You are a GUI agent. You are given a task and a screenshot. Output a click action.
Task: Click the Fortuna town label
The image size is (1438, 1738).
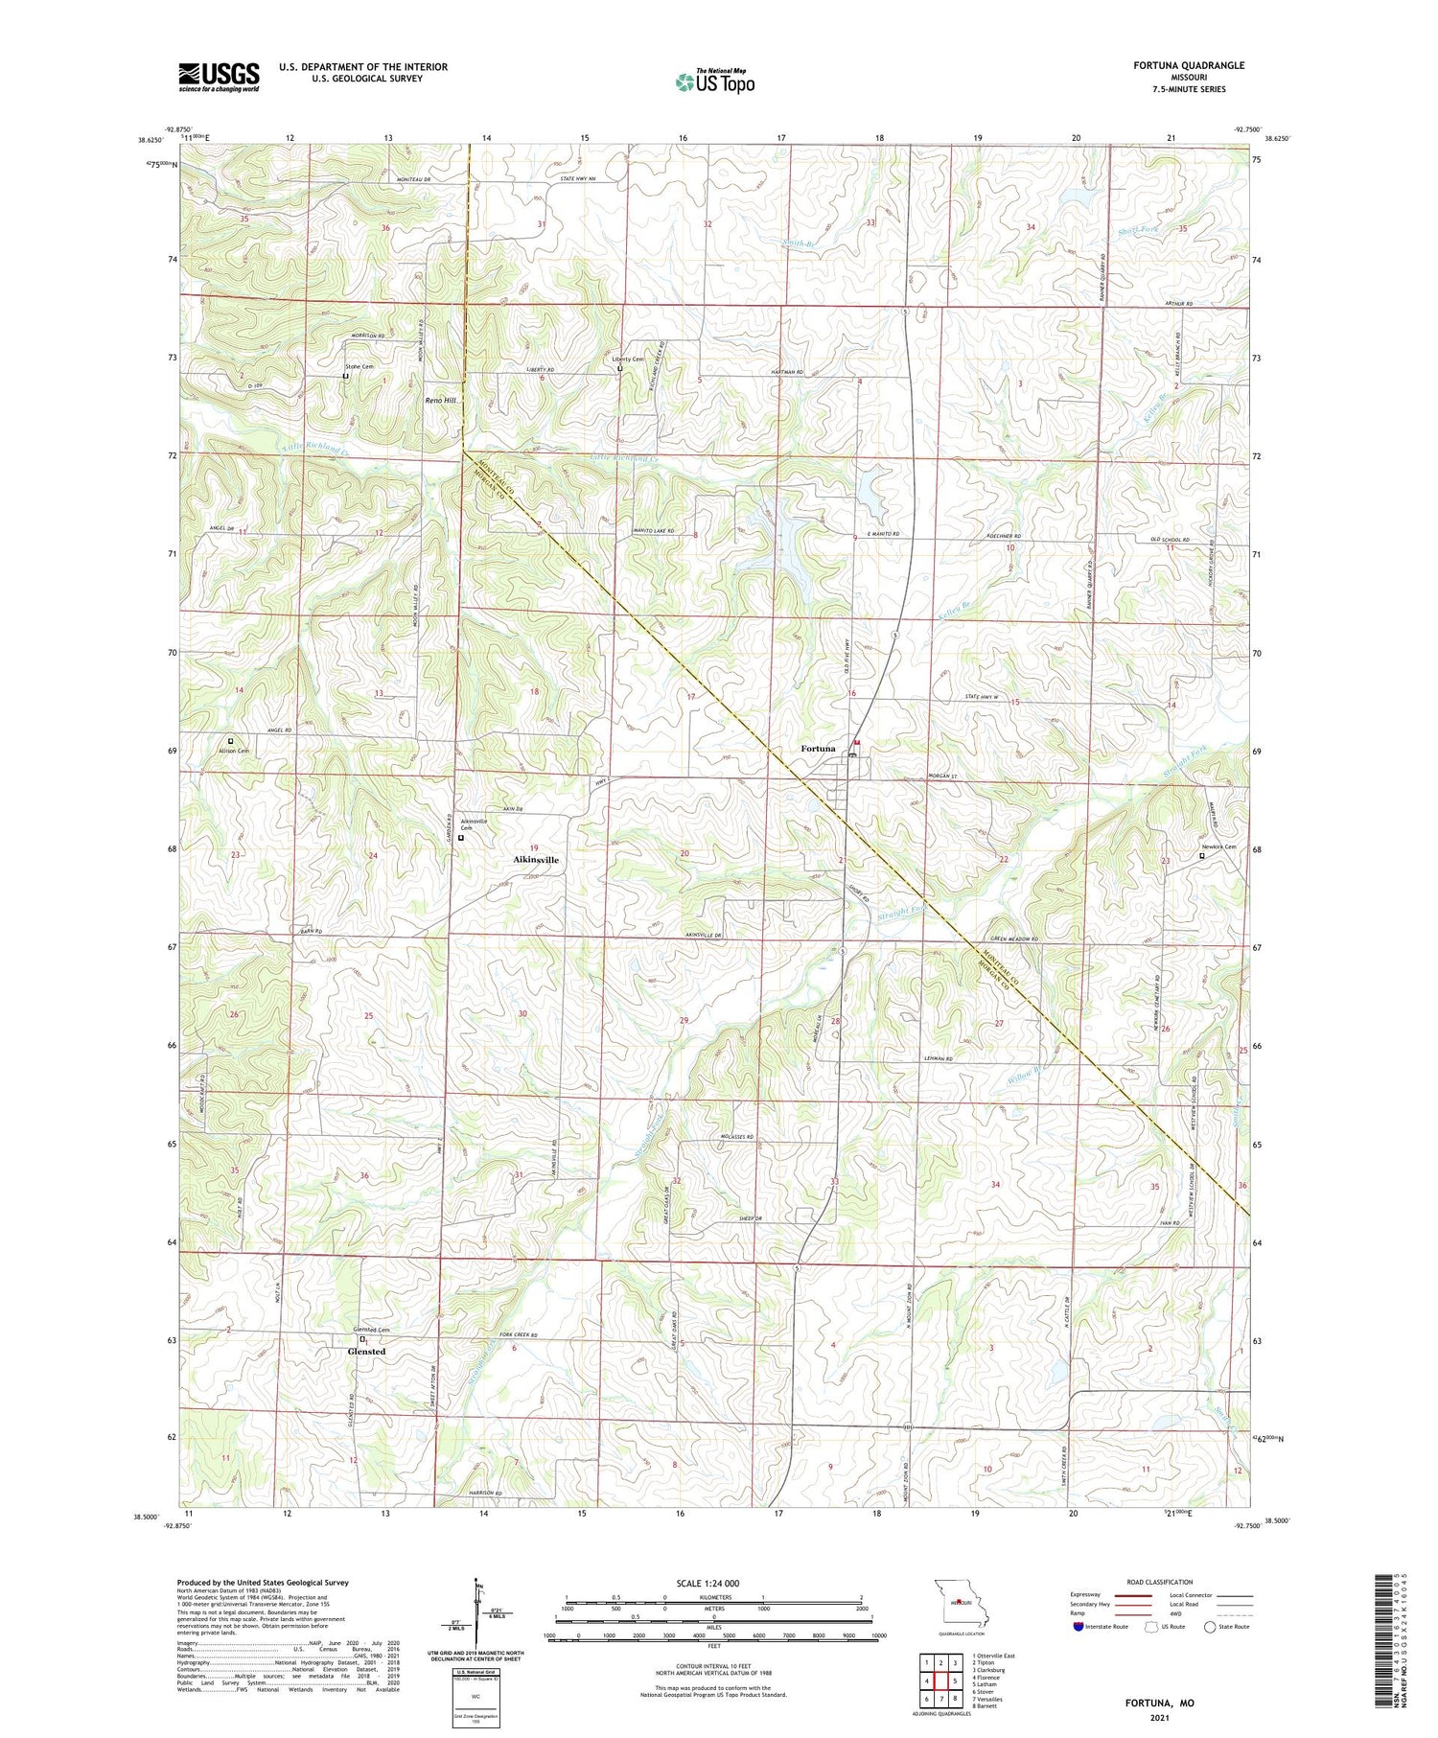click(818, 749)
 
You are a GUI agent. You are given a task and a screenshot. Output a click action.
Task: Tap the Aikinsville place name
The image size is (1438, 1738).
click(536, 861)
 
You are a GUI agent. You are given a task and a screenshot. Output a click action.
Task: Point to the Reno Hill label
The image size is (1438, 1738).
click(441, 400)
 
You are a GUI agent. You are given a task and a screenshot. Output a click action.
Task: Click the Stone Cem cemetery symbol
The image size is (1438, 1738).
click(346, 377)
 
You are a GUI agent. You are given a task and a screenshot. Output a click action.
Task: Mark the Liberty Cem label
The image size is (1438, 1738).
click(628, 359)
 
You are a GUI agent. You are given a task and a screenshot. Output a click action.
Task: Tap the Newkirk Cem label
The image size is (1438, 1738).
click(1218, 847)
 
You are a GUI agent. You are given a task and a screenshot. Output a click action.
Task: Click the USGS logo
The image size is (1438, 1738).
click(219, 77)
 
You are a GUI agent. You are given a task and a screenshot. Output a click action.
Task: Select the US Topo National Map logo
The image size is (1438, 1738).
click(714, 81)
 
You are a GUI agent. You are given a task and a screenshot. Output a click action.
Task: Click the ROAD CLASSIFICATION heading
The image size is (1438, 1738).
click(1160, 1582)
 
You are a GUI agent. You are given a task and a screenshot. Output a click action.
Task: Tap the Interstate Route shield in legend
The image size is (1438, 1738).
click(1078, 1627)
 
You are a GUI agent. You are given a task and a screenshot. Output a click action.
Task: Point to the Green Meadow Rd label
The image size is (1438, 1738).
click(1014, 939)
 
